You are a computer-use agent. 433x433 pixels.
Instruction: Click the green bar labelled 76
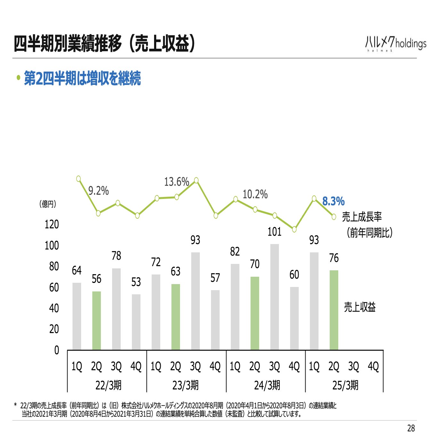pos(334,310)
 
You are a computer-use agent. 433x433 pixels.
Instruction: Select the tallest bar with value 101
pos(274,297)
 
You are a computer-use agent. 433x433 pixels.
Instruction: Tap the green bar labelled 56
pos(96,320)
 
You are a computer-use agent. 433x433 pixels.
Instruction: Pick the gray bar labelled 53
pos(136,322)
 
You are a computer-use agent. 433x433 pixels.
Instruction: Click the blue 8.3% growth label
pos(333,201)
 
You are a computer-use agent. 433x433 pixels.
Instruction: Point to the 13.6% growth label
pos(176,182)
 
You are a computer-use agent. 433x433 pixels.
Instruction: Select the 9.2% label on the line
pos(99,191)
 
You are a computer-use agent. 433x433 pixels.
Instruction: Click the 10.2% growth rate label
pos(255,194)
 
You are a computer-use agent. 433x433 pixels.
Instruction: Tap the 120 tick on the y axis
pos(52,224)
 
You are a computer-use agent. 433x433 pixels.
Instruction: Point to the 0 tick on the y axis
pos(56,350)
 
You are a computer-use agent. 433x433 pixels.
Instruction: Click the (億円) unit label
pos(48,204)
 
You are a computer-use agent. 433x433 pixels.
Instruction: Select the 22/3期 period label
pos(109,385)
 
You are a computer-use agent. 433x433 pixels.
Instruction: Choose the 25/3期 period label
pos(345,385)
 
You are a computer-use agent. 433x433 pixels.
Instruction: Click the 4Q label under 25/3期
pos(373,366)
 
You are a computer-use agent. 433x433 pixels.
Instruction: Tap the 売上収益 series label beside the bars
pos(360,307)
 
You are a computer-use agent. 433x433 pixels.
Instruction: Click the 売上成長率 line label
pos(362,217)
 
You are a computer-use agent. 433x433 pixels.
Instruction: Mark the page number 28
pos(411,428)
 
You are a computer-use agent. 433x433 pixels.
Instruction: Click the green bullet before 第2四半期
pos(19,78)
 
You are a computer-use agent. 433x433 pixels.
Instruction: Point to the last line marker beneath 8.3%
pos(334,217)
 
